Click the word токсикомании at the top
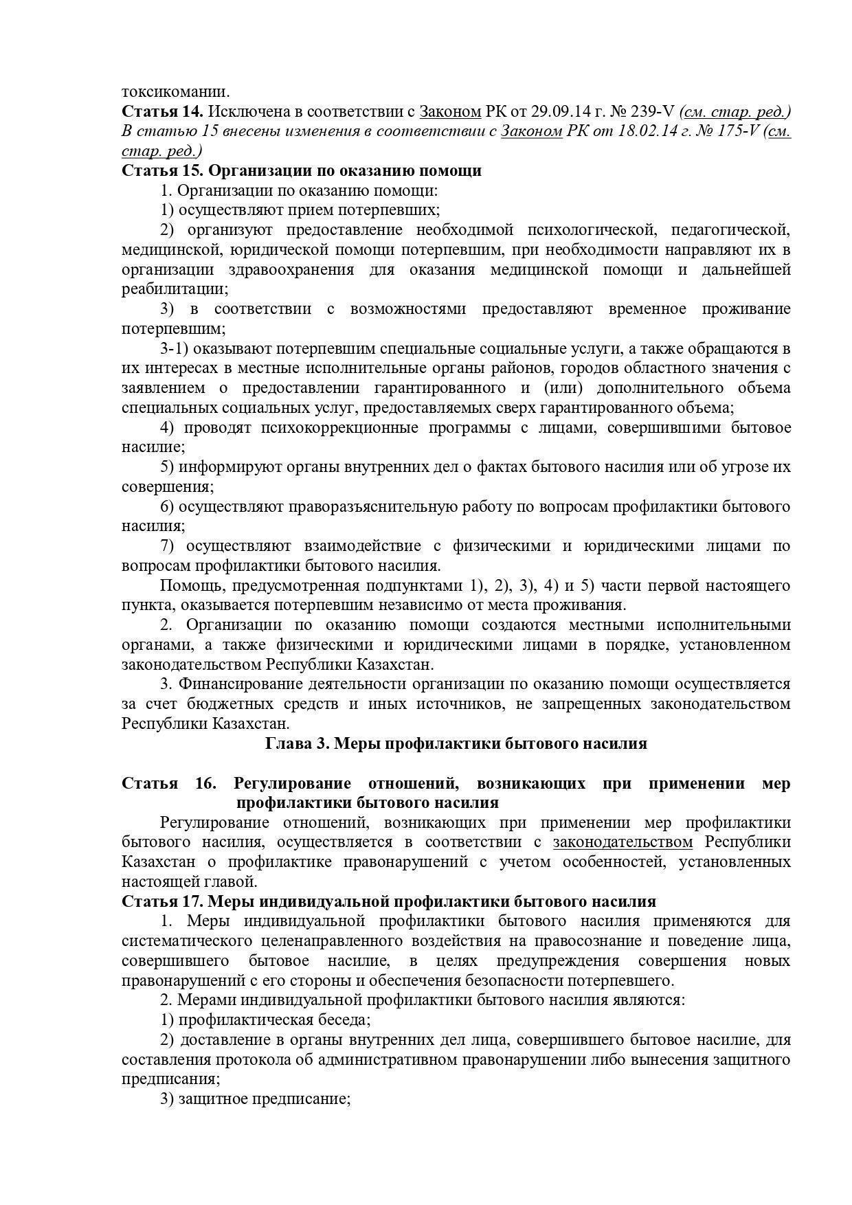pos(176,92)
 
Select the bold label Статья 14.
pos(162,111)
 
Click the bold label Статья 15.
pos(162,170)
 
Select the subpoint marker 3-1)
pos(175,348)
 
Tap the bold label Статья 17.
pos(162,901)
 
